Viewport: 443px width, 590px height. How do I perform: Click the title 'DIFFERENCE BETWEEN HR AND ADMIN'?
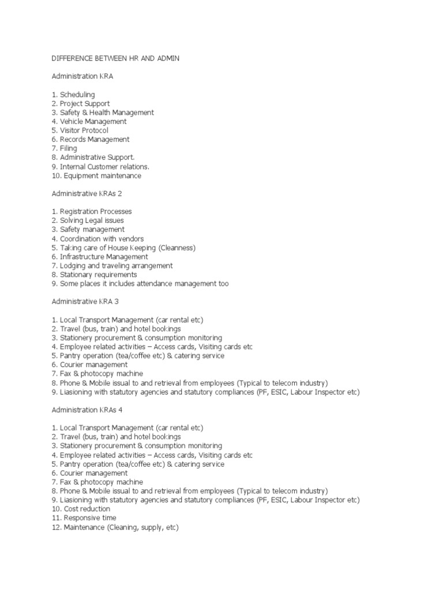click(116, 58)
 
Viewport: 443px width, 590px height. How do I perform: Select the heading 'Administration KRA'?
click(82, 76)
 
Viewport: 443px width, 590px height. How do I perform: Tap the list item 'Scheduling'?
click(73, 94)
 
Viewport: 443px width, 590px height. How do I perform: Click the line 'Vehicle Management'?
click(89, 122)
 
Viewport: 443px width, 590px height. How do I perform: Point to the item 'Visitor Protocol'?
click(80, 130)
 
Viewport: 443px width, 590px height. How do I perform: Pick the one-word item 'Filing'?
click(64, 149)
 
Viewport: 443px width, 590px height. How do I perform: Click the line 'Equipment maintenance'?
click(96, 176)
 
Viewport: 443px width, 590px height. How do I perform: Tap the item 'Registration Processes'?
click(92, 211)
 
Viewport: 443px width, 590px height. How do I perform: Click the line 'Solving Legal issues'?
click(88, 221)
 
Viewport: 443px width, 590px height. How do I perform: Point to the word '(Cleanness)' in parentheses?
click(177, 248)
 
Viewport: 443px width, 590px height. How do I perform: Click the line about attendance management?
click(140, 283)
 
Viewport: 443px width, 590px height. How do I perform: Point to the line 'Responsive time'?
click(83, 518)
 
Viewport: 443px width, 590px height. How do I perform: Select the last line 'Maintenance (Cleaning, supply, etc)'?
click(115, 527)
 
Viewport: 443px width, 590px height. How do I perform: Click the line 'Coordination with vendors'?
click(97, 239)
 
